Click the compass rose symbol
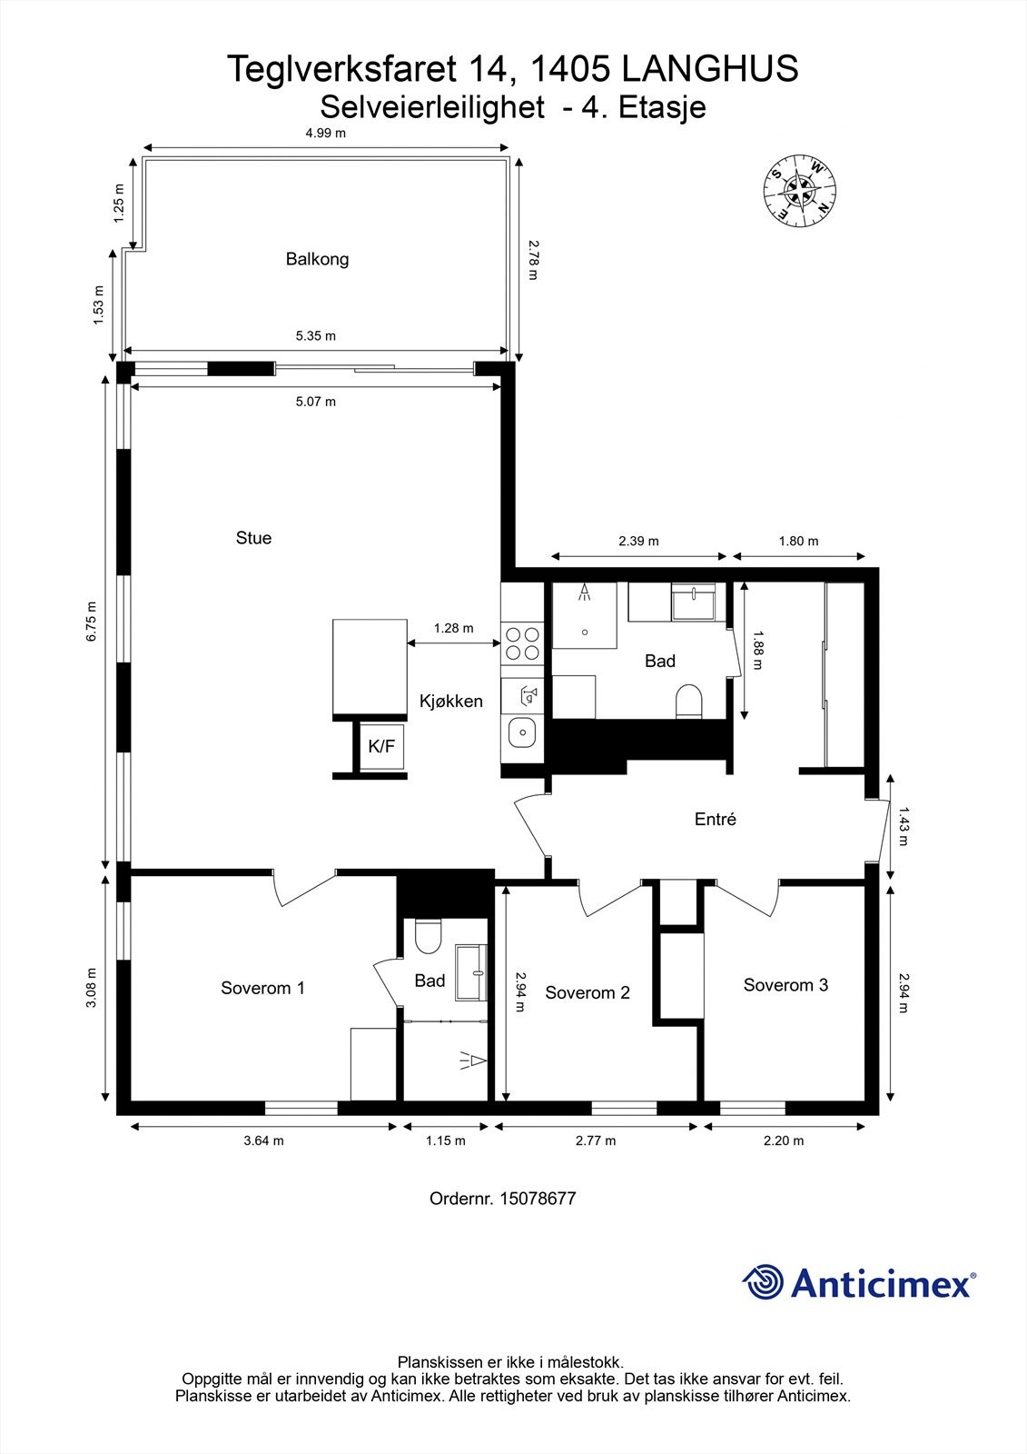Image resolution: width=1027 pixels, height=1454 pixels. [799, 189]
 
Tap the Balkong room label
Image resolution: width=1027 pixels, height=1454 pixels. [317, 259]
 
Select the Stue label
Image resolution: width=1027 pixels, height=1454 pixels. [253, 538]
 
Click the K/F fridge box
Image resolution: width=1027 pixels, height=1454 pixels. [381, 747]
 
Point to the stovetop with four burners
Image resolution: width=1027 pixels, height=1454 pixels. [522, 642]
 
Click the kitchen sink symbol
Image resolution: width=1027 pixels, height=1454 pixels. [521, 732]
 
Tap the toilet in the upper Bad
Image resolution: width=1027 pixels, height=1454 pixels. [690, 702]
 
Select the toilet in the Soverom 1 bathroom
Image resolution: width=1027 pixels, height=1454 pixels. [427, 937]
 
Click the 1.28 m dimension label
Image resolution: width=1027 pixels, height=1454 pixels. [453, 628]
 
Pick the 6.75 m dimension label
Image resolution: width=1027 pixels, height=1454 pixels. [91, 622]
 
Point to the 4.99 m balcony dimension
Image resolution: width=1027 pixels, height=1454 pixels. [325, 133]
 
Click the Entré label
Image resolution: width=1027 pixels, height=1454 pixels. [715, 820]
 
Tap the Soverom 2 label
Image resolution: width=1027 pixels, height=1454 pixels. [587, 993]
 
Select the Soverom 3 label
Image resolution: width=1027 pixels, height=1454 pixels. [785, 985]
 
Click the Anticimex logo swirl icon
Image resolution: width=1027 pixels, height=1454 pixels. [763, 1283]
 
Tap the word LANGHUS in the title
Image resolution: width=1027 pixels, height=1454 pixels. [709, 69]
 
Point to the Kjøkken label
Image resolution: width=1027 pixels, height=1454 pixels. [450, 702]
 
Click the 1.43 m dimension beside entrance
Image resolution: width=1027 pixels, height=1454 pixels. [903, 826]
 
